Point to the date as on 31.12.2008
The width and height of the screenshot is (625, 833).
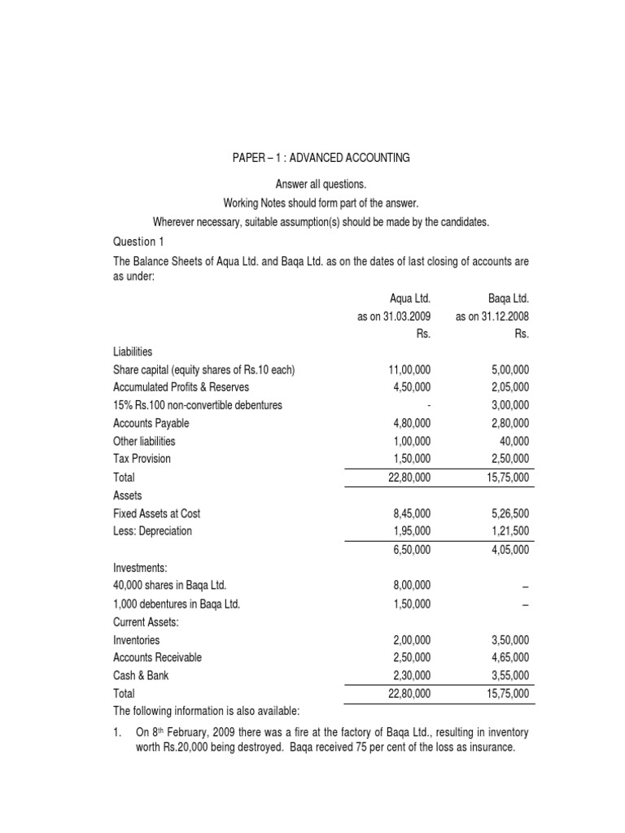click(x=493, y=316)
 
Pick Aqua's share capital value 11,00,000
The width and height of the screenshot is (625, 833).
click(x=409, y=370)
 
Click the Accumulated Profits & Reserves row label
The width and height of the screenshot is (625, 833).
click(x=181, y=387)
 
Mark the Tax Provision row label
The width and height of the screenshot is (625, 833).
click(x=142, y=459)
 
